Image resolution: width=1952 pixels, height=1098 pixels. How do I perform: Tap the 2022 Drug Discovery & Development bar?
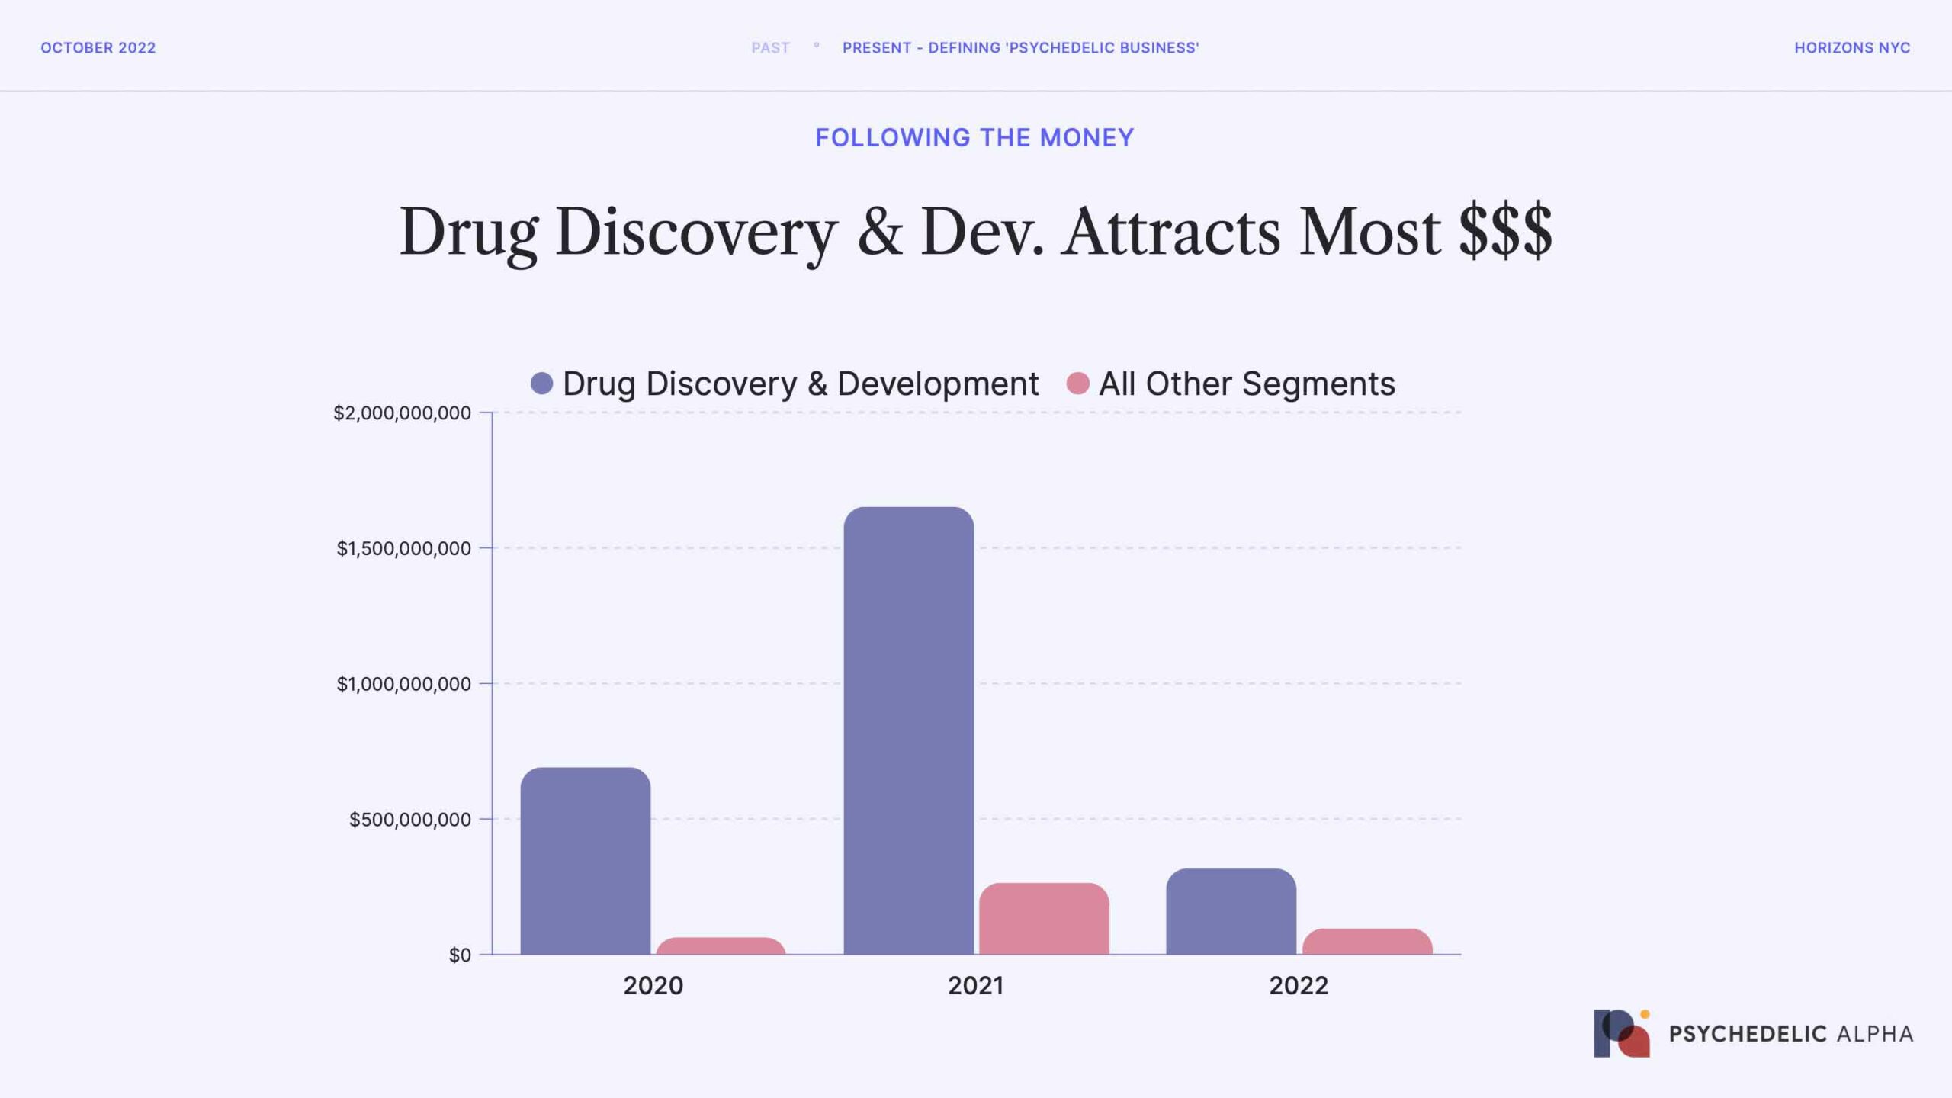coord(1231,911)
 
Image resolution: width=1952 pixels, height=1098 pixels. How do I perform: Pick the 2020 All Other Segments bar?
coord(721,946)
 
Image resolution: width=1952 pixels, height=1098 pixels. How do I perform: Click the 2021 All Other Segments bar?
coord(1044,919)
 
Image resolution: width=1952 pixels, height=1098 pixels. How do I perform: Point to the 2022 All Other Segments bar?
coord(1367,942)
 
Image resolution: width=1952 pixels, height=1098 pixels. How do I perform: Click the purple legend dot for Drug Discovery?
coord(541,384)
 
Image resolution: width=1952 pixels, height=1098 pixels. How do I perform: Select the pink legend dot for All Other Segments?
coord(1077,384)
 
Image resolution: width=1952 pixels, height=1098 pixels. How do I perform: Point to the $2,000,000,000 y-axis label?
coord(402,413)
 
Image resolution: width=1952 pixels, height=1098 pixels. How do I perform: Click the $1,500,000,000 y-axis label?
coord(403,548)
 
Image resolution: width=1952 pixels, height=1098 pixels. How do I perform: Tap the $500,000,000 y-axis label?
coord(409,820)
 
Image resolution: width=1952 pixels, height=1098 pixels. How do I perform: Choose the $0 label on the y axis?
coord(460,955)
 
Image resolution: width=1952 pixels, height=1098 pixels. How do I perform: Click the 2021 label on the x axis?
coord(975,986)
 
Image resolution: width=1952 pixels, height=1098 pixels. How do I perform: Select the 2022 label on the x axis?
coord(1299,986)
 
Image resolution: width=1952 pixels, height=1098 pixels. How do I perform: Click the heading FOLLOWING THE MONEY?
coord(974,138)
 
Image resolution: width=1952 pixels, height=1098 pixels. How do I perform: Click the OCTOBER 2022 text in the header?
coord(98,48)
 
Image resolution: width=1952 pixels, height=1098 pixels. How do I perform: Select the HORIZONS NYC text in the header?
coord(1852,48)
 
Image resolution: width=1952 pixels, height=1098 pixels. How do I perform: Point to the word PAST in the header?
coord(770,48)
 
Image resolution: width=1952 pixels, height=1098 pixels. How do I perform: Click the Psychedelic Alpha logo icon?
coord(1622,1034)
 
